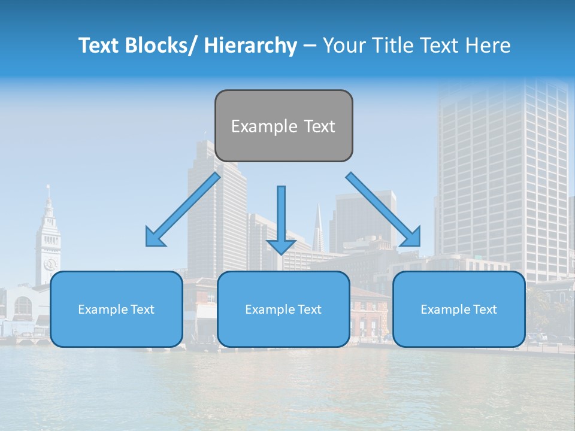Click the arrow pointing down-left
coord(183,210)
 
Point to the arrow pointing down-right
coord(383,210)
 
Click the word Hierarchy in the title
coord(250,45)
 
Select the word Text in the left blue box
coord(141,309)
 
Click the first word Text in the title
coord(99,45)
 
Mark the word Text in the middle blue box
coord(308,309)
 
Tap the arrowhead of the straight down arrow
coord(281,247)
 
